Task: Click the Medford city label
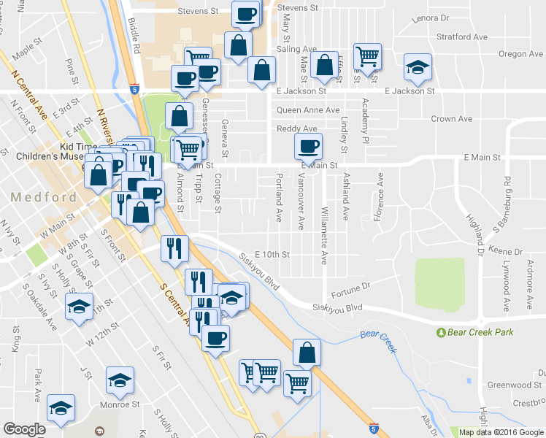point(43,197)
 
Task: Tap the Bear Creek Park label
point(481,332)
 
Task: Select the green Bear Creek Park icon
point(441,333)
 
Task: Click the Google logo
point(24,429)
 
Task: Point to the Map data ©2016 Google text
point(501,432)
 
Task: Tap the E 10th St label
point(272,255)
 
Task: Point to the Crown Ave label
point(452,119)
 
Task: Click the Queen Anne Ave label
point(307,110)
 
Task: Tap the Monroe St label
point(120,404)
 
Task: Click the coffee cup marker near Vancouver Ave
point(308,146)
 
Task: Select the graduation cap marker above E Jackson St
point(418,67)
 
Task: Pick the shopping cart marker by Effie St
point(367,55)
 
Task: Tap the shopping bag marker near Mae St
point(323,64)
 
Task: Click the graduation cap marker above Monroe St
point(120,380)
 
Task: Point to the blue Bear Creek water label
point(378,341)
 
